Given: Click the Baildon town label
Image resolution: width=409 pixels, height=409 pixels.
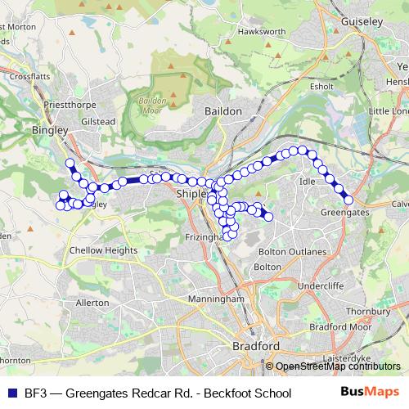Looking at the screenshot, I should [x=223, y=110].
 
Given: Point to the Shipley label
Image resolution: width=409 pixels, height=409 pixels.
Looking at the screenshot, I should [x=193, y=193].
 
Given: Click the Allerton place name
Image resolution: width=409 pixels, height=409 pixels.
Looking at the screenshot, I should [x=92, y=302].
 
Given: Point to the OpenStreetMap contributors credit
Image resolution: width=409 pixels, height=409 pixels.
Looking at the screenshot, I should [x=337, y=366].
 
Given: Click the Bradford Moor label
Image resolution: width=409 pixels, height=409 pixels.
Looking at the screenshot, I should [x=335, y=327].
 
